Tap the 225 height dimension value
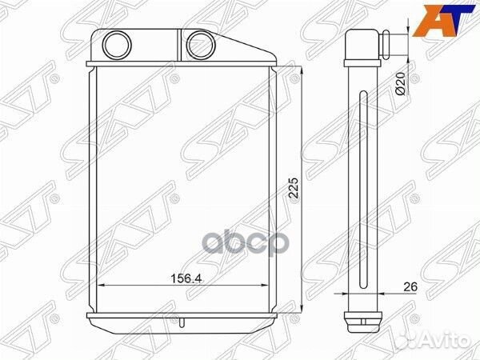tap(294, 188)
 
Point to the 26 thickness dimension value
tap(410, 287)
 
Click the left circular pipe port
tap(117, 45)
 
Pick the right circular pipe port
tap(201, 46)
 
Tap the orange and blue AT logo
tap(443, 19)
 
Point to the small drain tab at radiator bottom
tap(182, 323)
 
